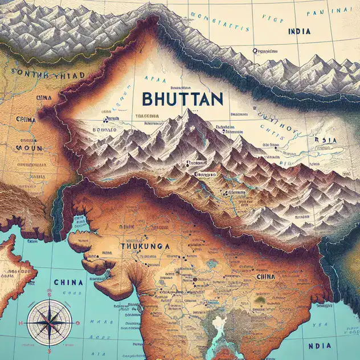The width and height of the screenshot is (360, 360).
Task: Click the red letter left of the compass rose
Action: click(21, 323)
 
